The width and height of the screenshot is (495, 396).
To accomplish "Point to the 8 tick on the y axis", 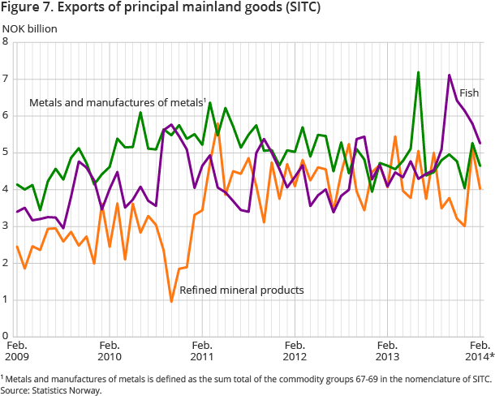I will [5, 42].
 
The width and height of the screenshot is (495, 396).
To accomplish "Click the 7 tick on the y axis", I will [5, 79].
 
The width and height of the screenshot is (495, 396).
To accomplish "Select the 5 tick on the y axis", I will [5, 153].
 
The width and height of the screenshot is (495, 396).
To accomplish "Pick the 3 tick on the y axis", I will [5, 226].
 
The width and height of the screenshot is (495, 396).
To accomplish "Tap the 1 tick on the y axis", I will [5, 299].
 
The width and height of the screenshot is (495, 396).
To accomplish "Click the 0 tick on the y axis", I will [5, 335].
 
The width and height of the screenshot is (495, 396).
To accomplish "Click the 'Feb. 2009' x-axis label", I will [17, 350].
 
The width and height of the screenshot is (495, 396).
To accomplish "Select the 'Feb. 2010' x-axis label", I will [110, 350].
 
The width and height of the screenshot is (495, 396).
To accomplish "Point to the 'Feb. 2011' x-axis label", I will [202, 350].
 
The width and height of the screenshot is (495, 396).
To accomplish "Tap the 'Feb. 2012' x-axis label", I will [295, 350].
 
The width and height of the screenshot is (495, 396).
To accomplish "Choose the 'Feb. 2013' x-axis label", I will [387, 350].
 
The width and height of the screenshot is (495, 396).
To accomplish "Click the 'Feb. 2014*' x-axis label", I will [480, 350].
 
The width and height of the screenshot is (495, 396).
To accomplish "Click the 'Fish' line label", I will [468, 93].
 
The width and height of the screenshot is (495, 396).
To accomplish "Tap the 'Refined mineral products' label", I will [241, 290].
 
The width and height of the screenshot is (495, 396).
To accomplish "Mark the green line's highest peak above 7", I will [419, 72].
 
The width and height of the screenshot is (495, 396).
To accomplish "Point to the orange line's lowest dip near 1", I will [171, 301].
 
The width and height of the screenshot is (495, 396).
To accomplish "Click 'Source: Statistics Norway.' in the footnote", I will [50, 390].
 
